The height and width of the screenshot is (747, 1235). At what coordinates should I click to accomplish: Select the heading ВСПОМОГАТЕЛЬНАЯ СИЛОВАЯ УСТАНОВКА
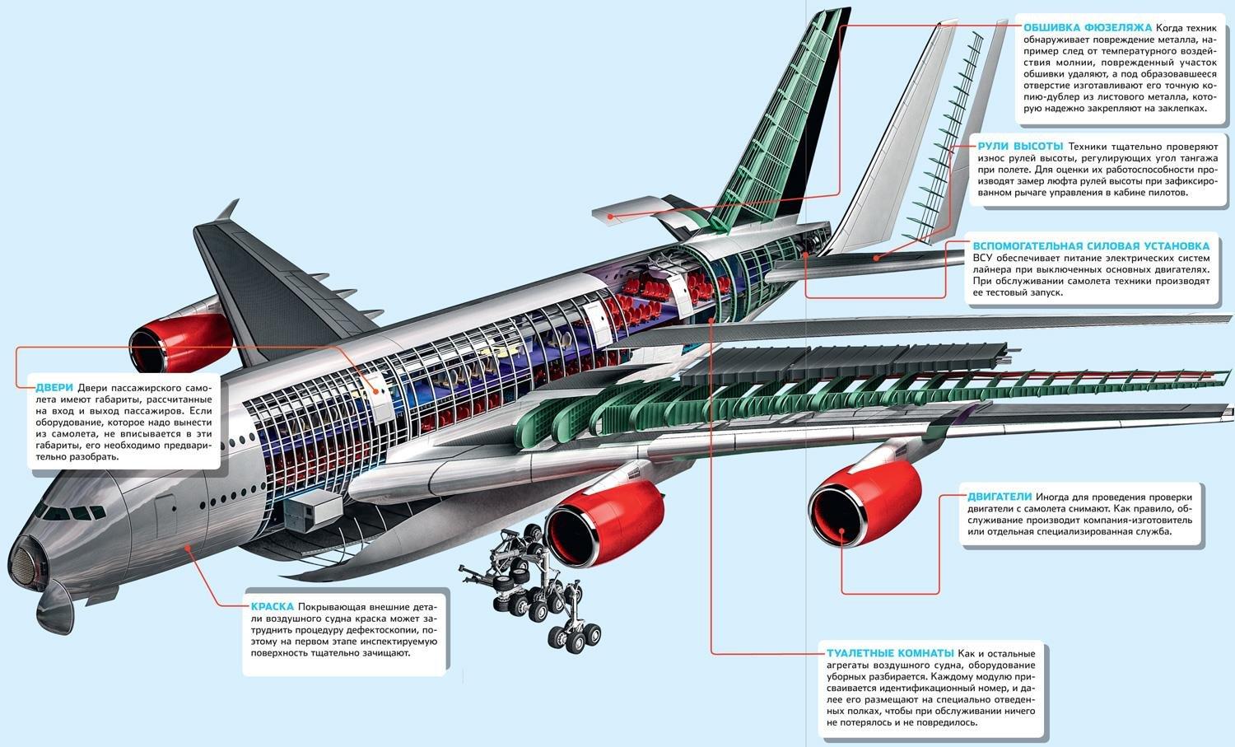(x=1091, y=245)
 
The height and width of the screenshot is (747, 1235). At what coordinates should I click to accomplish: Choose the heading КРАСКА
(x=272, y=606)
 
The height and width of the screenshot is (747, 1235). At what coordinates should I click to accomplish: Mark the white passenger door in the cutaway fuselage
(x=380, y=394)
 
